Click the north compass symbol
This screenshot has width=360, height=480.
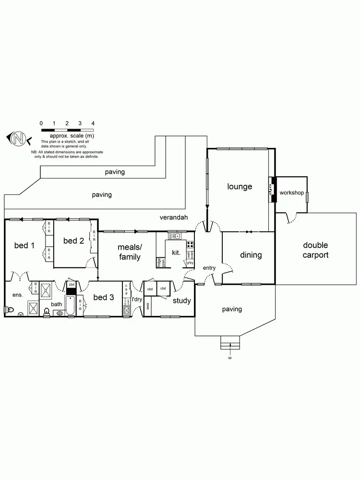(x=19, y=139)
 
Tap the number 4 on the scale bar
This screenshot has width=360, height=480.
(x=93, y=123)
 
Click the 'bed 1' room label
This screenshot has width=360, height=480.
(x=24, y=245)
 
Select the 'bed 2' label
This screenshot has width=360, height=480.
(x=73, y=240)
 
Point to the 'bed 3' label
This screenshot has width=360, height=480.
(x=103, y=298)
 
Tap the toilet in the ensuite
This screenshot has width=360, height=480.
(x=21, y=314)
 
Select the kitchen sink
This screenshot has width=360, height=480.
(x=174, y=236)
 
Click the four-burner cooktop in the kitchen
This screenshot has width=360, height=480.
(x=190, y=244)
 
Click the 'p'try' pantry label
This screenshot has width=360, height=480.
(x=190, y=263)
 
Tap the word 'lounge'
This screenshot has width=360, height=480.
(x=239, y=186)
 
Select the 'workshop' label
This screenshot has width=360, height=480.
(x=291, y=192)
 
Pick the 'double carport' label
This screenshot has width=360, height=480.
(x=315, y=250)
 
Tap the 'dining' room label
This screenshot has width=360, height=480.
(x=251, y=255)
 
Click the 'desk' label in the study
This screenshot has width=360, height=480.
(x=148, y=305)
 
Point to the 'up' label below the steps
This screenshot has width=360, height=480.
(x=229, y=358)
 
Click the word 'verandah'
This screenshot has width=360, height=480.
(x=173, y=217)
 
